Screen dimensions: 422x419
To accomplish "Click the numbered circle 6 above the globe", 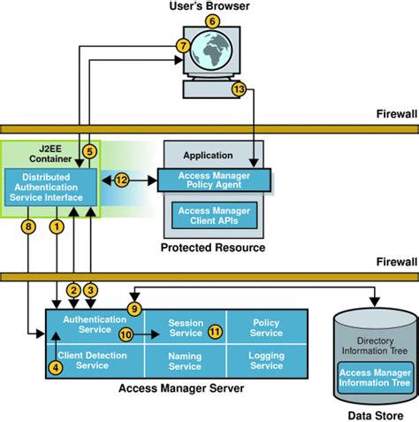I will (211, 21).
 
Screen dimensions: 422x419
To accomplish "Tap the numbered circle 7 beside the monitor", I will (183, 44).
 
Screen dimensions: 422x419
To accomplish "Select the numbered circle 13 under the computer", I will (238, 89).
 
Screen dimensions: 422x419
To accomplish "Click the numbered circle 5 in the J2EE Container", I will (88, 151).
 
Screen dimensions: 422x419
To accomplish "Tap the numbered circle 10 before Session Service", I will (126, 334).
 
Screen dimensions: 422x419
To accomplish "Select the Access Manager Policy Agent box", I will (213, 180).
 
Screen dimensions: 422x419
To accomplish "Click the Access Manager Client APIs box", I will (213, 216).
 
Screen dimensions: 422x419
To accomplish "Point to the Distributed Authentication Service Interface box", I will (50, 187).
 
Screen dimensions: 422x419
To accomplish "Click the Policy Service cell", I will (266, 327).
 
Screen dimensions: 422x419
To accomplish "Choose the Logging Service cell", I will (266, 361).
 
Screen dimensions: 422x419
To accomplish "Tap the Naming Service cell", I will (184, 361).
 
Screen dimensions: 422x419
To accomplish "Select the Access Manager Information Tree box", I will (374, 378).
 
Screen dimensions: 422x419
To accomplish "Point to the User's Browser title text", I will (209, 7).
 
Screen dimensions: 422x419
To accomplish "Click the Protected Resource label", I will (212, 249).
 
